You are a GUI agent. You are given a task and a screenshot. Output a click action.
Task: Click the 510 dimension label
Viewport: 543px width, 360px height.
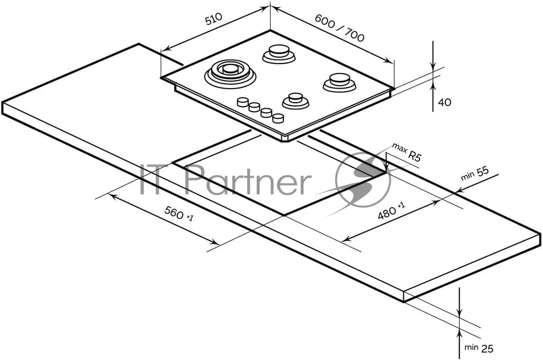pyautogui.click(x=213, y=19)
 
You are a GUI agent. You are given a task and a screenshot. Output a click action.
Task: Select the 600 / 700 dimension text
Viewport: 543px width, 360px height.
pyautogui.click(x=340, y=28)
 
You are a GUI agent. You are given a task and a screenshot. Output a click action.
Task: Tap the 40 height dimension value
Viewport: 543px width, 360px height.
pyautogui.click(x=444, y=103)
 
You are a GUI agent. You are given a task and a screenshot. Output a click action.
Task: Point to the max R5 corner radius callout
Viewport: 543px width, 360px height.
pyautogui.click(x=407, y=152)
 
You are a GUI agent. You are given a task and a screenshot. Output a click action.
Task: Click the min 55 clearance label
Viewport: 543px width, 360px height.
pyautogui.click(x=475, y=174)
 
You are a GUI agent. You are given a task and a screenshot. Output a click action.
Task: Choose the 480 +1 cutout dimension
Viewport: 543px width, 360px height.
pyautogui.click(x=391, y=211)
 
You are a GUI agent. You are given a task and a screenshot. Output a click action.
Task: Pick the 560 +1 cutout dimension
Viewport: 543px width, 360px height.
pyautogui.click(x=179, y=213)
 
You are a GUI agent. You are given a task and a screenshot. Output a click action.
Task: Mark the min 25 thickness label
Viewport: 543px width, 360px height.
pyautogui.click(x=479, y=348)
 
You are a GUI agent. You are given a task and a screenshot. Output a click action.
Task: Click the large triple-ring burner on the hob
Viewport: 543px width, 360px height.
pyautogui.click(x=230, y=74)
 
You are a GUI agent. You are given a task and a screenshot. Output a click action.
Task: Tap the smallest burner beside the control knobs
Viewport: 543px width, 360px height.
pyautogui.click(x=295, y=101)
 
